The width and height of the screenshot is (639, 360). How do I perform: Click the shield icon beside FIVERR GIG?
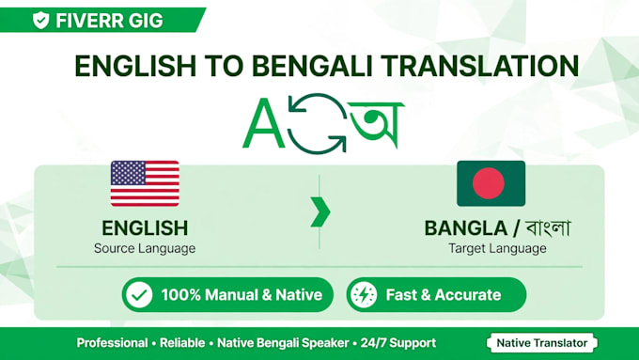point(40,20)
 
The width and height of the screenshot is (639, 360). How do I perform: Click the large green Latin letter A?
point(263,123)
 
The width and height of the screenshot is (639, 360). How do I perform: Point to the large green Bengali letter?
point(376,124)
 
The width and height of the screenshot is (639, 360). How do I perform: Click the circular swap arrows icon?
point(318,123)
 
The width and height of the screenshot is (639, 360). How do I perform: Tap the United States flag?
point(145,183)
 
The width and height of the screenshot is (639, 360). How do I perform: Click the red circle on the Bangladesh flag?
point(489,183)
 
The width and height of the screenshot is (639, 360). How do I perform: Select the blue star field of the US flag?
point(128,172)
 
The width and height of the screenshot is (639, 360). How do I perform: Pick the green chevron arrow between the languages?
point(320,212)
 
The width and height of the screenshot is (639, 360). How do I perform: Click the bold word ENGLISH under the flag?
point(145,228)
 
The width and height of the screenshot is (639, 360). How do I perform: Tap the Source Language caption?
point(145,248)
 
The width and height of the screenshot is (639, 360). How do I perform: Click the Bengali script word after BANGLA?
point(548,227)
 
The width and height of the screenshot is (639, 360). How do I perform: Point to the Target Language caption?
point(497,248)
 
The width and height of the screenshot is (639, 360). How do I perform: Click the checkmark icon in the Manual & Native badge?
point(139,295)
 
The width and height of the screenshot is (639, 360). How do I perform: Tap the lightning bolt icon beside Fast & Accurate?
point(364,295)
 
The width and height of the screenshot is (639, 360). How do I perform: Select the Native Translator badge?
point(542,343)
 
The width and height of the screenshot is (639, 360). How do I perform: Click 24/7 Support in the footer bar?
point(398,343)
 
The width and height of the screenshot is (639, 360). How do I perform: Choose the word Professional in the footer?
point(112,343)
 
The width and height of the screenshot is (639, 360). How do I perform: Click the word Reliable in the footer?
point(182,343)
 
